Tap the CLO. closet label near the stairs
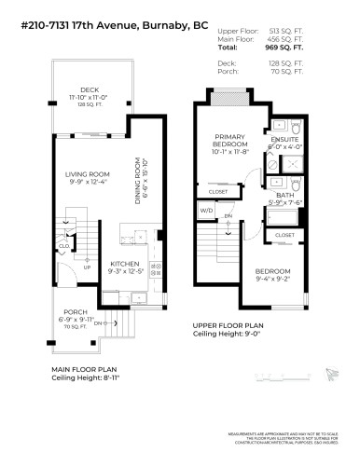pyautogui.click(x=63, y=247)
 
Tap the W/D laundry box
pyautogui.click(x=205, y=211)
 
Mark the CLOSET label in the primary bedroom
pyautogui.click(x=217, y=192)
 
